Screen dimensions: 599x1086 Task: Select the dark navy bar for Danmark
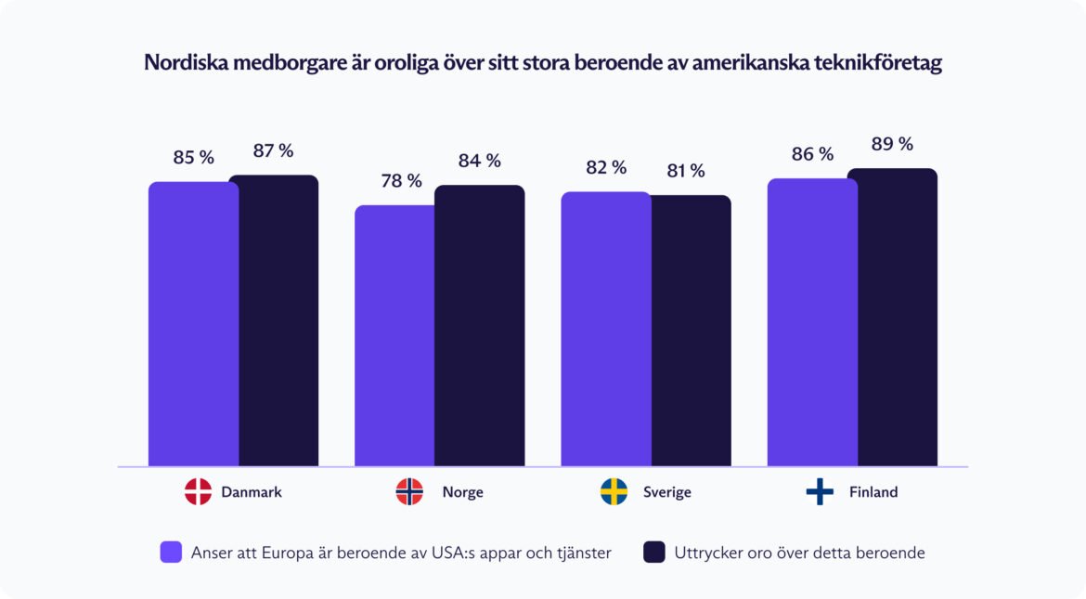274,320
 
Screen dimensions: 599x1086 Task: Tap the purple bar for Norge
394,335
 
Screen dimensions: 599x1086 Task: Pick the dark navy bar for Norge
479,325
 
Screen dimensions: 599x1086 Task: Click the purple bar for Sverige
605,329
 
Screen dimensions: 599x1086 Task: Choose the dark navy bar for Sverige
691,331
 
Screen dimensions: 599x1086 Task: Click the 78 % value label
401,181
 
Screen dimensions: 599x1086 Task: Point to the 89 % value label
892,144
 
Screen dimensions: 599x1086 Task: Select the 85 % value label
193,158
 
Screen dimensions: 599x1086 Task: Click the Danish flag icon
198,492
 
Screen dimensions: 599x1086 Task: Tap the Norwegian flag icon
409,492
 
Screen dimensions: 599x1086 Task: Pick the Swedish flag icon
614,492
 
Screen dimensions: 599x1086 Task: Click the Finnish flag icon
820,492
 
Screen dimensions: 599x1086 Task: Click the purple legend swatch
171,553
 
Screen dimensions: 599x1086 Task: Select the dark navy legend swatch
654,553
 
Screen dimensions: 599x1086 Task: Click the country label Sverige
666,492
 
